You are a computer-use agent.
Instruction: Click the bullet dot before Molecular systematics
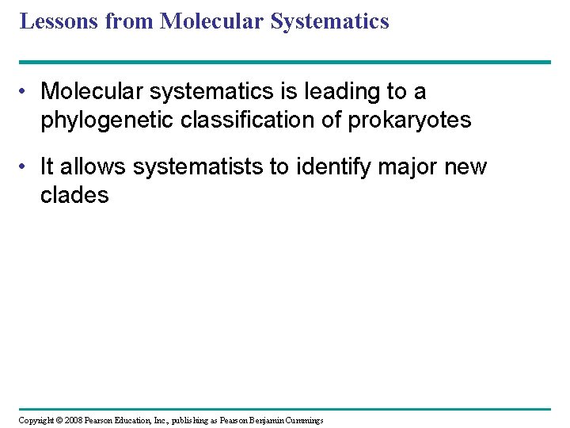tap(27, 92)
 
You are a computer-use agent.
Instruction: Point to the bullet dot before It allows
tap(27, 167)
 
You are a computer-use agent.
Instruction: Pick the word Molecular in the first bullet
tap(93, 92)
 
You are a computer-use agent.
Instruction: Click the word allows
tap(94, 167)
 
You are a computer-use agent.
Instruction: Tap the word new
tap(468, 167)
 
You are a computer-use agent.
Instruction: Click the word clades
tap(74, 195)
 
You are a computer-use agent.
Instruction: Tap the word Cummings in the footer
tap(302, 420)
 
